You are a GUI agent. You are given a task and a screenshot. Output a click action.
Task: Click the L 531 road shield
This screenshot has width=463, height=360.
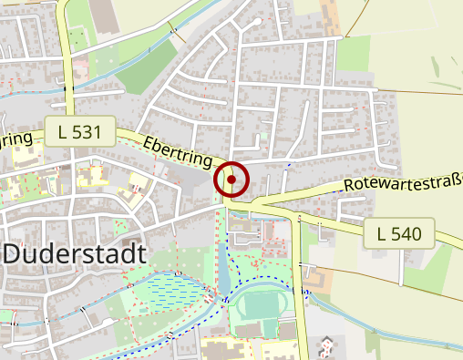point(79,132)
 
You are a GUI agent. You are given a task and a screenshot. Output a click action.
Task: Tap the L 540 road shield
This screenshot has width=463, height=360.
point(398,234)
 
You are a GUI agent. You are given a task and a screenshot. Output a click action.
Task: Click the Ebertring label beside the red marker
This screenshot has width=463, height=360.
point(179,151)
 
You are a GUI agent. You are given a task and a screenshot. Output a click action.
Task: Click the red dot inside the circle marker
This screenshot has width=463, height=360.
point(232,180)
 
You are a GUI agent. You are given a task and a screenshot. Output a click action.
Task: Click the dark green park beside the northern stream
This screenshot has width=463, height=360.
point(146,68)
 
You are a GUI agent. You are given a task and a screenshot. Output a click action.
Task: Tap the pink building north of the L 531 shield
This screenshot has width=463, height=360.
point(81,67)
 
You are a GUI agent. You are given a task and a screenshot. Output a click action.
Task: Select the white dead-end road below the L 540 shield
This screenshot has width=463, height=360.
point(402,266)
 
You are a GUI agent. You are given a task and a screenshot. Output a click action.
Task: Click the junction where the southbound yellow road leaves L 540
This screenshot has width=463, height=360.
point(299,217)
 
